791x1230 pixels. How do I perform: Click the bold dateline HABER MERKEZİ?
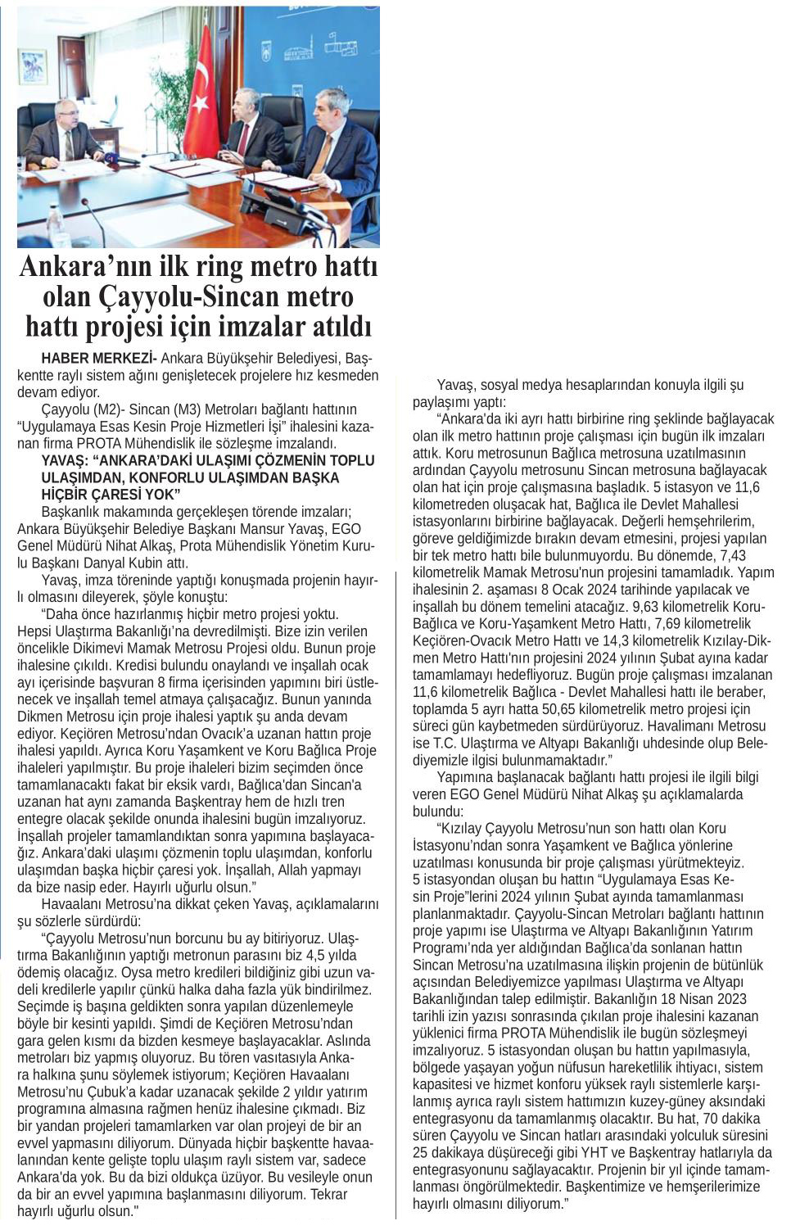click(x=98, y=358)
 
